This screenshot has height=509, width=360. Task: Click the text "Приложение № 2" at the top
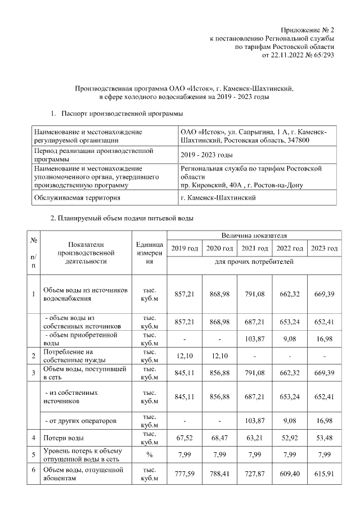tap(308, 29)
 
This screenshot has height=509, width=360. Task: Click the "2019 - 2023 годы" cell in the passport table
tap(207, 155)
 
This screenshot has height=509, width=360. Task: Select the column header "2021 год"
tap(254, 249)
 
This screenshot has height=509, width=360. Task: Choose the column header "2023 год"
tap(325, 249)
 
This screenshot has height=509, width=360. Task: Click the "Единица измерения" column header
tap(150, 253)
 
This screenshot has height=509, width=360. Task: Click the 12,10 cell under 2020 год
tap(219, 355)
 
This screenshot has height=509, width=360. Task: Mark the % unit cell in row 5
tap(150, 454)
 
